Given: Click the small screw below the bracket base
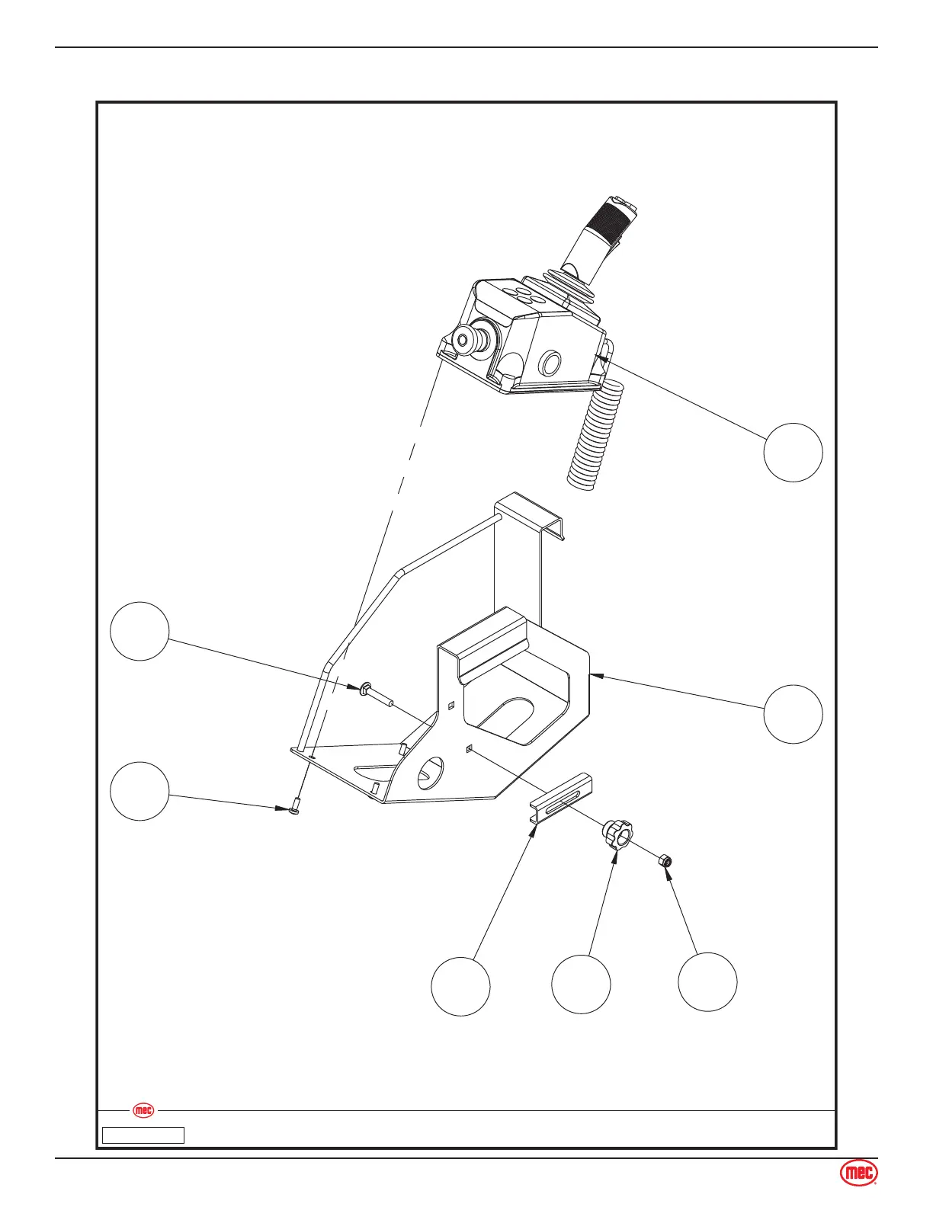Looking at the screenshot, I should tap(295, 805).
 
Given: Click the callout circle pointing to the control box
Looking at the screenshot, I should tap(794, 453).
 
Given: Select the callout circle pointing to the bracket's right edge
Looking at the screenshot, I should tap(794, 714).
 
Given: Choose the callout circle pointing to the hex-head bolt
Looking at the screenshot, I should tap(139, 631).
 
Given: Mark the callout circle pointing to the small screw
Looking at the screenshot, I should tap(139, 791).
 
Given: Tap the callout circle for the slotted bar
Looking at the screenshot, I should tap(460, 987).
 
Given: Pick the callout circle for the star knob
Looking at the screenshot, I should tap(582, 984).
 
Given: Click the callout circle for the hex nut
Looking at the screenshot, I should tap(708, 982).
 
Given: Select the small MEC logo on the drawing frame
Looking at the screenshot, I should tap(143, 1111).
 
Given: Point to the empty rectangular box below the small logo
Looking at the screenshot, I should tap(144, 1135).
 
